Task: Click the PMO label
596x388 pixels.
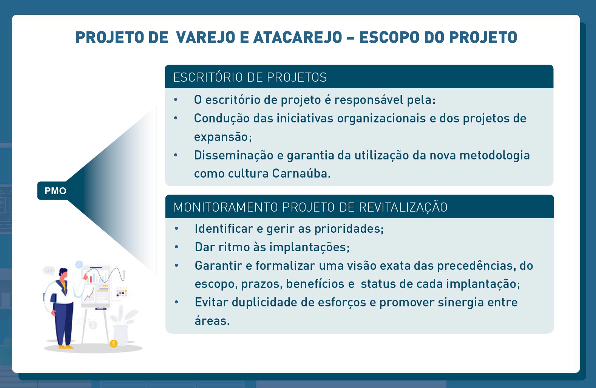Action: [x=56, y=191]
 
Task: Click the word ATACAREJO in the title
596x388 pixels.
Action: [x=298, y=37]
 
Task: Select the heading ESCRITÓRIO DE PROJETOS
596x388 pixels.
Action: [x=250, y=77]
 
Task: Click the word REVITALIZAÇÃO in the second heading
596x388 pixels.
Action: [x=403, y=207]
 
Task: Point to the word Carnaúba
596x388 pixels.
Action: [x=301, y=173]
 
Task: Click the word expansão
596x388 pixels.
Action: [x=223, y=137]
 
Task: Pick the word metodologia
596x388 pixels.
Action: [x=495, y=156]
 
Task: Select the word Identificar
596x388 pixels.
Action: [x=224, y=229]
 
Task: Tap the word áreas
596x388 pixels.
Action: [x=212, y=320]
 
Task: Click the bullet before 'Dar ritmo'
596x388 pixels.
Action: [x=176, y=247]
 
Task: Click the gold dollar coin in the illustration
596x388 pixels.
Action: [x=114, y=343]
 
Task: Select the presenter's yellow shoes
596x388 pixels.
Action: [x=65, y=347]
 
